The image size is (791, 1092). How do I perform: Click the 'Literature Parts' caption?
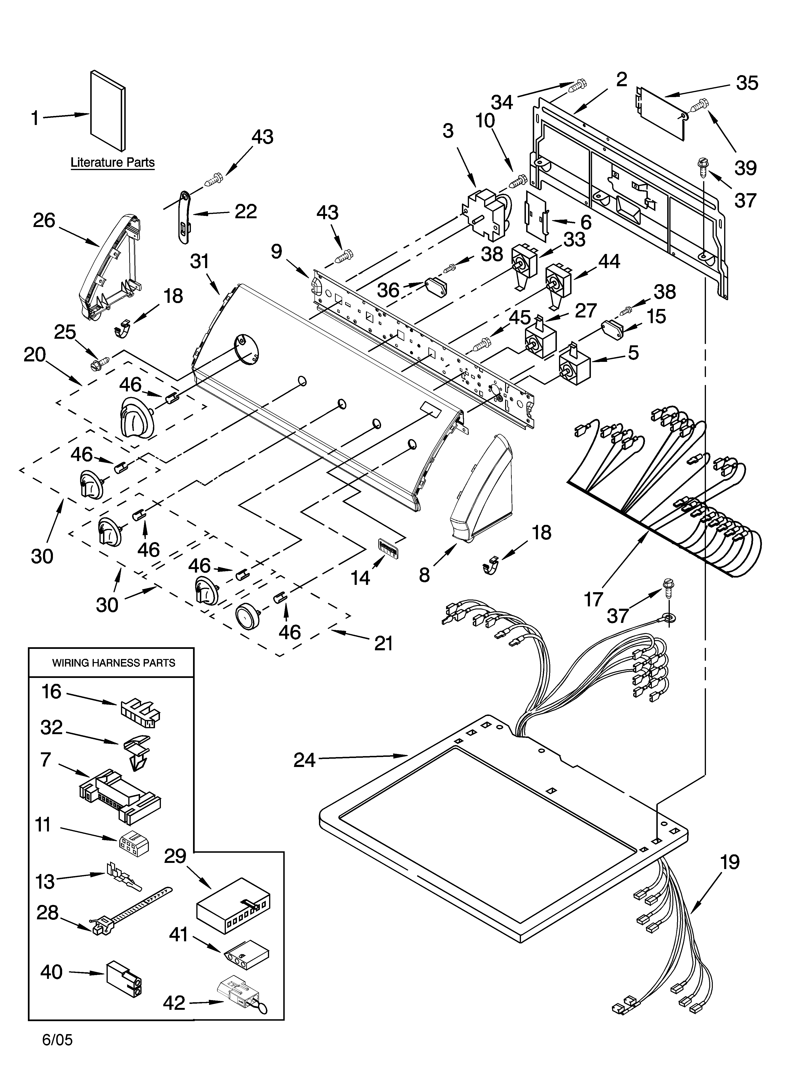[x=113, y=163]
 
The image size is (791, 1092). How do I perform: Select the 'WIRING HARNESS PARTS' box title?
[x=114, y=663]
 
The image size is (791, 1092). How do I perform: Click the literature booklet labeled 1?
[x=108, y=111]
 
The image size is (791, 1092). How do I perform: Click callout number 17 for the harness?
[x=593, y=600]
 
